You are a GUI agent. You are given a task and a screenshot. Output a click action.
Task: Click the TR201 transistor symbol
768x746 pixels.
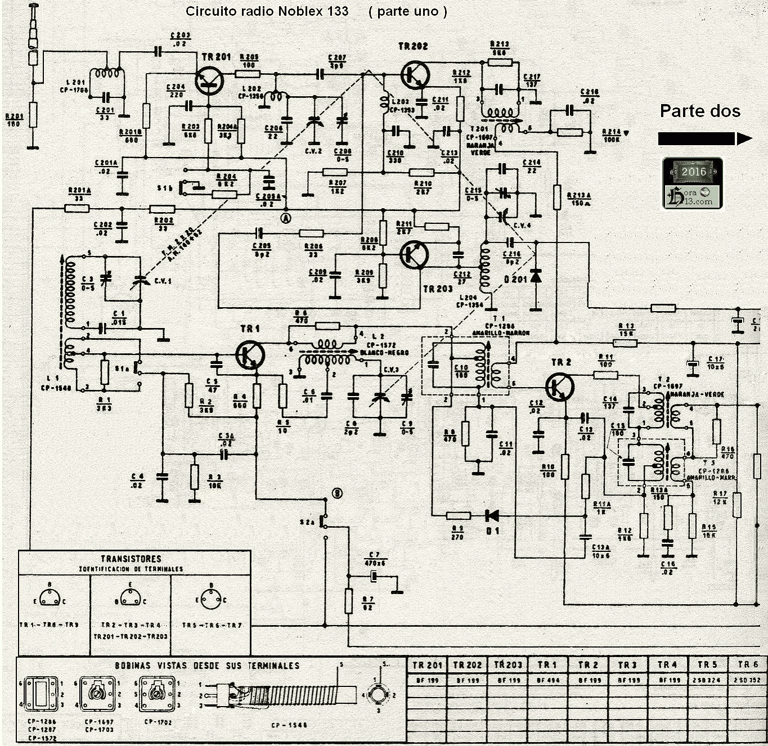[209, 80]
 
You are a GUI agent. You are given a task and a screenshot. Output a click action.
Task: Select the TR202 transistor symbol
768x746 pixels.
[415, 75]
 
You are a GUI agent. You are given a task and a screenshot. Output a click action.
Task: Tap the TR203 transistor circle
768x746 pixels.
[414, 255]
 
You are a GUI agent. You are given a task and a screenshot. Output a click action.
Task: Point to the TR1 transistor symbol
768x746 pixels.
[250, 354]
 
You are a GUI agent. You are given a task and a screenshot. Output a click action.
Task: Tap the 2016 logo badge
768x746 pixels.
[693, 183]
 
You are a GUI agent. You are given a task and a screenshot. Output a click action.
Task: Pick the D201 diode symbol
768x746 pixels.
[536, 276]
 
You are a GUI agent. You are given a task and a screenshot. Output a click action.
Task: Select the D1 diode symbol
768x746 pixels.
[492, 515]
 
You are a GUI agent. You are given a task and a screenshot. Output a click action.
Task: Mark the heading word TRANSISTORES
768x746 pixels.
[131, 559]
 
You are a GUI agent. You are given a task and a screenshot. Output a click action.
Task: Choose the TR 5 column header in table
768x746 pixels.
[707, 664]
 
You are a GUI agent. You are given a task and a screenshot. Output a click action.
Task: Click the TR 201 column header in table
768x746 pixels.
[428, 664]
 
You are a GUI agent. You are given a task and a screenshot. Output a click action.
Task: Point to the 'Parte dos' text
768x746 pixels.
[700, 111]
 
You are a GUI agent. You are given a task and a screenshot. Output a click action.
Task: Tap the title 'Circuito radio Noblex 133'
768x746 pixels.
[267, 11]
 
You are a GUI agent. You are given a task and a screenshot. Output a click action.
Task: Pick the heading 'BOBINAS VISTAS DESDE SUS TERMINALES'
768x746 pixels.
[208, 666]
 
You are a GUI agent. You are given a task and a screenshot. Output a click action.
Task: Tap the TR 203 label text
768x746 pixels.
[438, 289]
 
